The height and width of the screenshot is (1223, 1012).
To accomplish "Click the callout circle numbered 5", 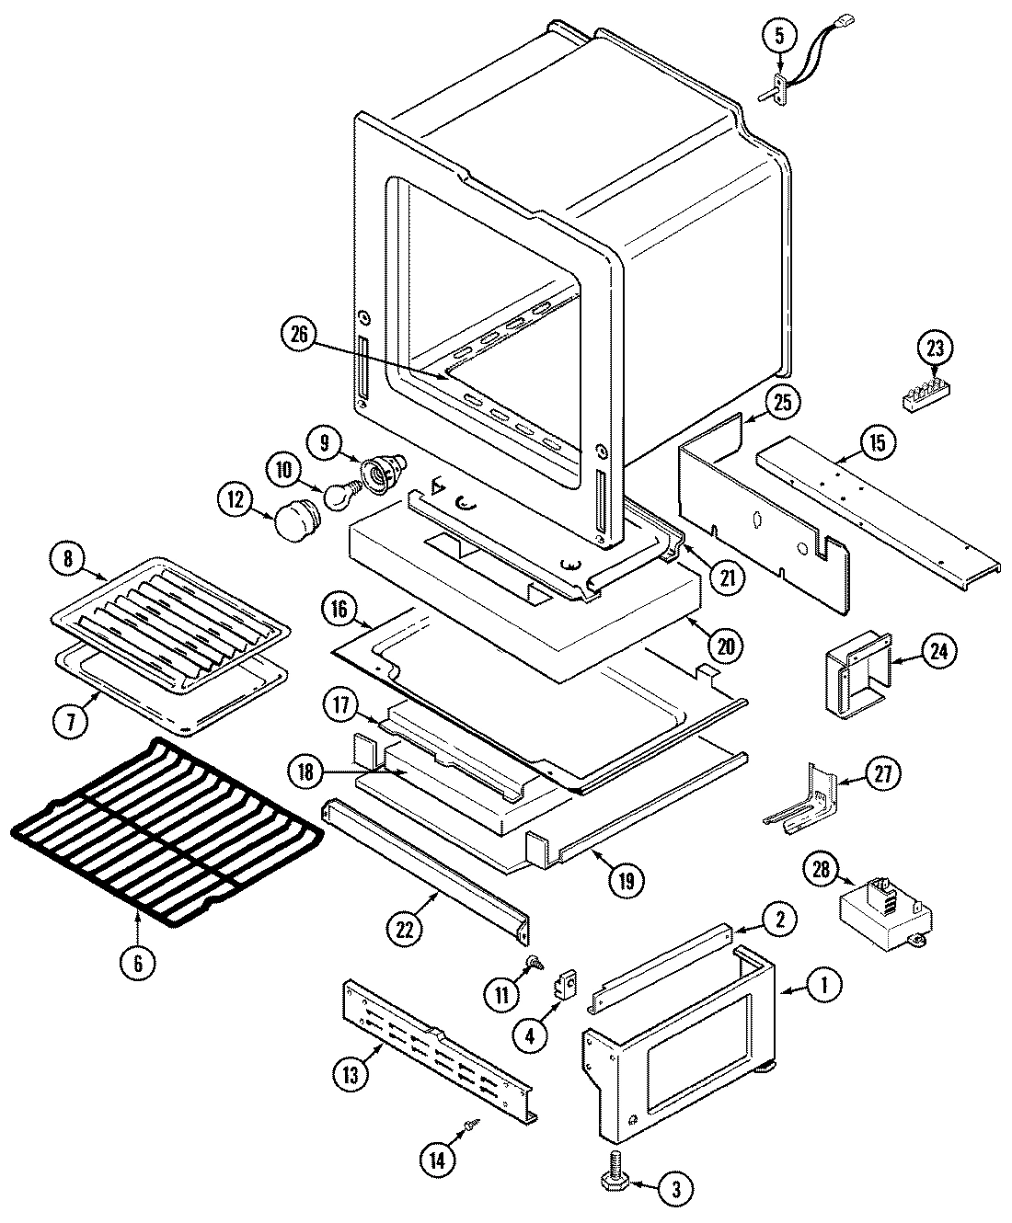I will [x=778, y=38].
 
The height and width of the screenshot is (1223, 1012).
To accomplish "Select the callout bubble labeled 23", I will [x=935, y=349].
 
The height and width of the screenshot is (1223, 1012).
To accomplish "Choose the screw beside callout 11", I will [x=532, y=964].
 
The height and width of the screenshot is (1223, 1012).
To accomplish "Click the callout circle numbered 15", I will [x=879, y=444].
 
